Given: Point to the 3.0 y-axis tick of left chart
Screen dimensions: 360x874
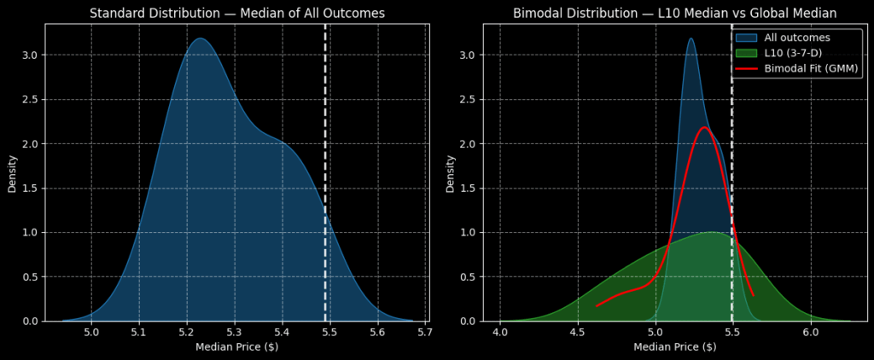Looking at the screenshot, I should tap(30, 55).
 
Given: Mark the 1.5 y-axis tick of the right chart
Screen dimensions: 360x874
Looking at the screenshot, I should tap(468, 189).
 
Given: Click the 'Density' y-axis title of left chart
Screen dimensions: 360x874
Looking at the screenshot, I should tap(12, 172).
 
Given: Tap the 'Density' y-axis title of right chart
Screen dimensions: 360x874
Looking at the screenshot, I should tap(450, 172).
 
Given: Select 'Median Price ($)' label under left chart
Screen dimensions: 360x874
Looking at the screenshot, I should tap(236, 347).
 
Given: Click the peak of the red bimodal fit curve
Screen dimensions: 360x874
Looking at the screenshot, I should tap(705, 128).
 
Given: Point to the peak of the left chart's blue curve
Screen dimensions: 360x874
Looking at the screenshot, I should tap(199, 38).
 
